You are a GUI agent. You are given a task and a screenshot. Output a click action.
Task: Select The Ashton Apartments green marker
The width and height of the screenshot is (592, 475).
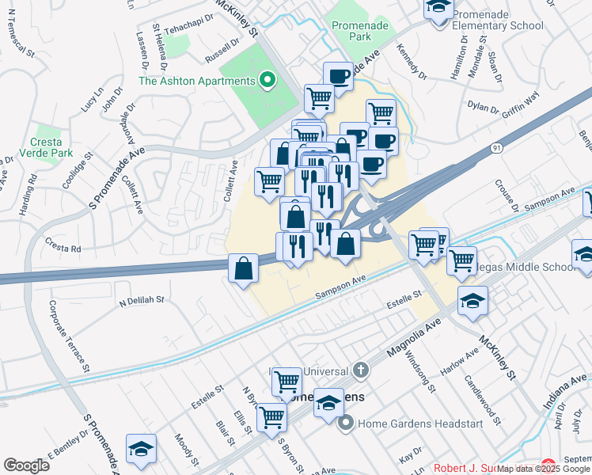coord(268,80)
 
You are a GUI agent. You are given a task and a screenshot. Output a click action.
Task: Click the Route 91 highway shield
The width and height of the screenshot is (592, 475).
coord(495,148)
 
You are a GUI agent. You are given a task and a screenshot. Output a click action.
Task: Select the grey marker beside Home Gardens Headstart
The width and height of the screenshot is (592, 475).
coord(346,424)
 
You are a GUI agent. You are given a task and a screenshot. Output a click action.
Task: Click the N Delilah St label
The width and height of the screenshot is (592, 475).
coord(141,301)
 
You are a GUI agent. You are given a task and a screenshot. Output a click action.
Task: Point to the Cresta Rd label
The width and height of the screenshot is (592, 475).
coord(63,245)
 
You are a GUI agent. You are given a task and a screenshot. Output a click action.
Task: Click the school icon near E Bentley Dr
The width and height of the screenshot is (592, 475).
coord(141,448)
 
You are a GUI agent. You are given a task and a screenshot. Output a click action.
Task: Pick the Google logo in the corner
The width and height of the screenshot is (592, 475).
coord(26,465)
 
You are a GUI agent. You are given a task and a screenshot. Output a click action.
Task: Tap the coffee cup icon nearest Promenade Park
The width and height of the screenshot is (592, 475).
coord(338,75)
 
